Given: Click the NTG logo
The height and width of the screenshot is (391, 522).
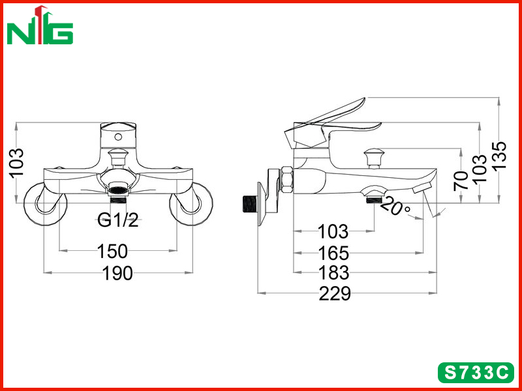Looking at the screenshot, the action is pos(40,26).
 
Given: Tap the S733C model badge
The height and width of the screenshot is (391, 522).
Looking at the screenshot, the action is pos(476,373).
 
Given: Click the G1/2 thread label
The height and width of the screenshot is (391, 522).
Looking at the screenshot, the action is pos(118,220).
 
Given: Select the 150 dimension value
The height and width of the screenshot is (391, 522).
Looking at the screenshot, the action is pos(112,252).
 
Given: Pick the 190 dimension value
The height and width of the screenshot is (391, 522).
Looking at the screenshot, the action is pos(117,273).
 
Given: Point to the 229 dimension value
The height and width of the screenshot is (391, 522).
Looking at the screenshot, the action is pos(335,294).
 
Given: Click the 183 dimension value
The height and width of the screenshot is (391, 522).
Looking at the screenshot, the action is pos(334,273).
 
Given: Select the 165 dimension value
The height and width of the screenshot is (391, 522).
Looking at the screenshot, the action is pos(333,253).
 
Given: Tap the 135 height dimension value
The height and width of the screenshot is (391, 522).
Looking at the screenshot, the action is pos(499,156).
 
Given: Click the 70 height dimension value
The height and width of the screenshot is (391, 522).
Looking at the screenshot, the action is pos(461,181).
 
